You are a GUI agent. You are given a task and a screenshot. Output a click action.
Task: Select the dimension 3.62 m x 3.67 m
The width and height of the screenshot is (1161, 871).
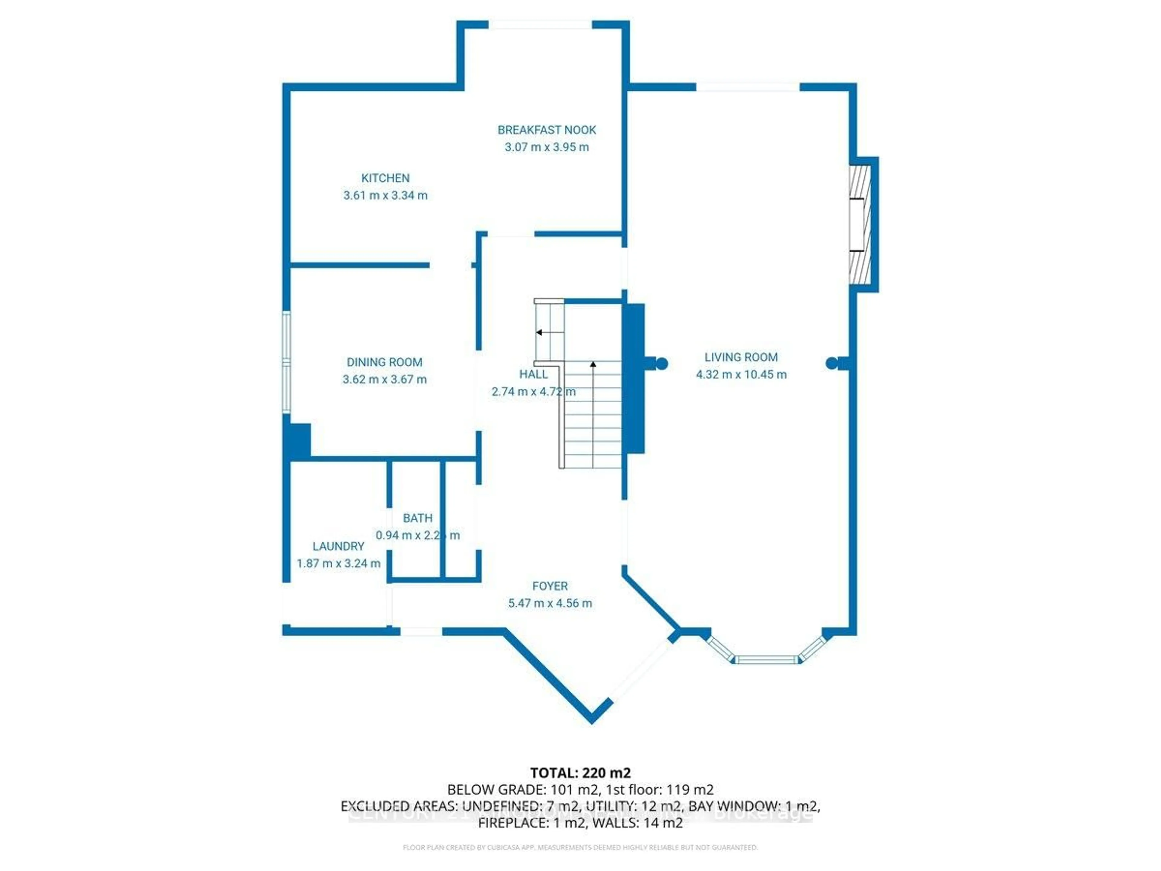(384, 379)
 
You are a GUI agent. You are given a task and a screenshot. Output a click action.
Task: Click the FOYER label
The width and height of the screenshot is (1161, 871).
(550, 586)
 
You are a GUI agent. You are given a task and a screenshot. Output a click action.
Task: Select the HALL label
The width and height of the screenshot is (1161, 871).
(533, 374)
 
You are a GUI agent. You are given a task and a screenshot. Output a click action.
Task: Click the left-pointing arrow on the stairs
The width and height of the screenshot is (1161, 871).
(539, 332)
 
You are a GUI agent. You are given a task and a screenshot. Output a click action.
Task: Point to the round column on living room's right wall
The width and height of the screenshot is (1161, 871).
(831, 363)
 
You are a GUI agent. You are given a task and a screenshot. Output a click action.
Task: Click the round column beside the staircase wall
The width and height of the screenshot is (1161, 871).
(661, 363)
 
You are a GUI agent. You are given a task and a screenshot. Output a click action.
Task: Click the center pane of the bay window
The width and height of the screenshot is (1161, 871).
(766, 659)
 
